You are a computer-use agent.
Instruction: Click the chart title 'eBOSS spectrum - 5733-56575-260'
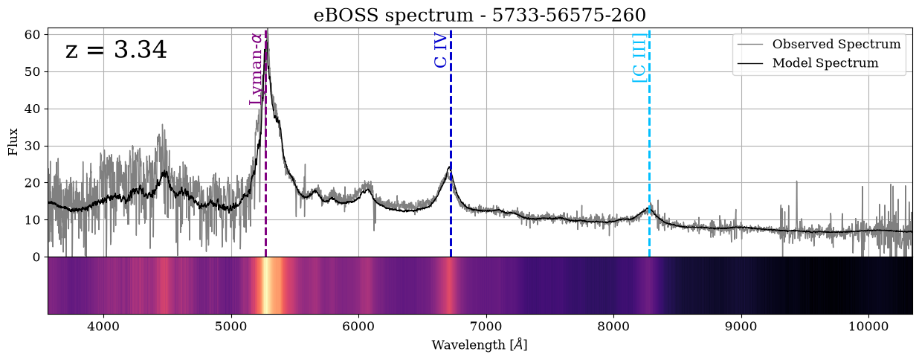480,16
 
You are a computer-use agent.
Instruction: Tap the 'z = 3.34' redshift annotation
116,50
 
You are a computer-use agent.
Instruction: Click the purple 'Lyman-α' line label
256,69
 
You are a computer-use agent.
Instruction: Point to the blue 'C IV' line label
440,51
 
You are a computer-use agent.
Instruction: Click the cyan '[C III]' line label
639,57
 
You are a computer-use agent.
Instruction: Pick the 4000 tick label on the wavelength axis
103,327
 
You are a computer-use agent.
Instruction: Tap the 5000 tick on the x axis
231,327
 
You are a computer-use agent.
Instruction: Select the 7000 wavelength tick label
486,327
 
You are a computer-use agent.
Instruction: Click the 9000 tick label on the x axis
742,327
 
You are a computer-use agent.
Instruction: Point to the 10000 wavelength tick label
869,327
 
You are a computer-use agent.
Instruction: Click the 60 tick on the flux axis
33,34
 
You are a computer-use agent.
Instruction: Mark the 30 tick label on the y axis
33,146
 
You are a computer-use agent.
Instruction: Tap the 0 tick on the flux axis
36,257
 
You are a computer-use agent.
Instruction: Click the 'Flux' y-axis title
13,142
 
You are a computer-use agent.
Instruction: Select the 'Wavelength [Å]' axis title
479,345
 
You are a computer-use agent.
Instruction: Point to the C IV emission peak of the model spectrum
450,167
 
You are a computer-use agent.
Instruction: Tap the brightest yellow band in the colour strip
266,286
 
